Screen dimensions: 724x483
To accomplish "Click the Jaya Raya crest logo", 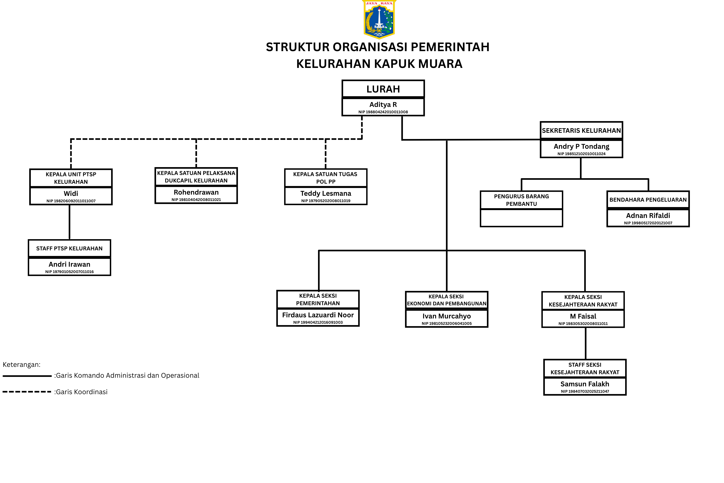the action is pyautogui.click(x=379, y=19).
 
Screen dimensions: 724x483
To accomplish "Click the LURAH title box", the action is pyautogui.click(x=383, y=89).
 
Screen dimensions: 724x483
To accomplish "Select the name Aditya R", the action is pyautogui.click(x=383, y=104).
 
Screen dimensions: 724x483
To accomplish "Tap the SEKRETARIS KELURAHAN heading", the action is pyautogui.click(x=581, y=131).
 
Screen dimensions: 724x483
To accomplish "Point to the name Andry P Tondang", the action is pyautogui.click(x=581, y=146).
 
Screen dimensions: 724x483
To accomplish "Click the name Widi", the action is pyautogui.click(x=71, y=193).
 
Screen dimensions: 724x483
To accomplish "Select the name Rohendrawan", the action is pyautogui.click(x=196, y=192).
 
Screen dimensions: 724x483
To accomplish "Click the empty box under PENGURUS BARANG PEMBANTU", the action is pyautogui.click(x=521, y=218).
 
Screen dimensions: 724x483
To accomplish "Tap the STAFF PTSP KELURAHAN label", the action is pyautogui.click(x=69, y=248).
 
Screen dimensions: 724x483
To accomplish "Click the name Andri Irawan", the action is pyautogui.click(x=69, y=264).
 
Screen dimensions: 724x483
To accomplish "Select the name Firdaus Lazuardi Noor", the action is pyautogui.click(x=318, y=315).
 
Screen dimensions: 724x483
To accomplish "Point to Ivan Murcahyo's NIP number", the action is pyautogui.click(x=447, y=323).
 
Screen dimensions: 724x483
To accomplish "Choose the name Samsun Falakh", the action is pyautogui.click(x=585, y=384).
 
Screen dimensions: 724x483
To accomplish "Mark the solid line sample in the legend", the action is pyautogui.click(x=27, y=376).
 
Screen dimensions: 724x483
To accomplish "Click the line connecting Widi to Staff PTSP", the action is pyautogui.click(x=70, y=222).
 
